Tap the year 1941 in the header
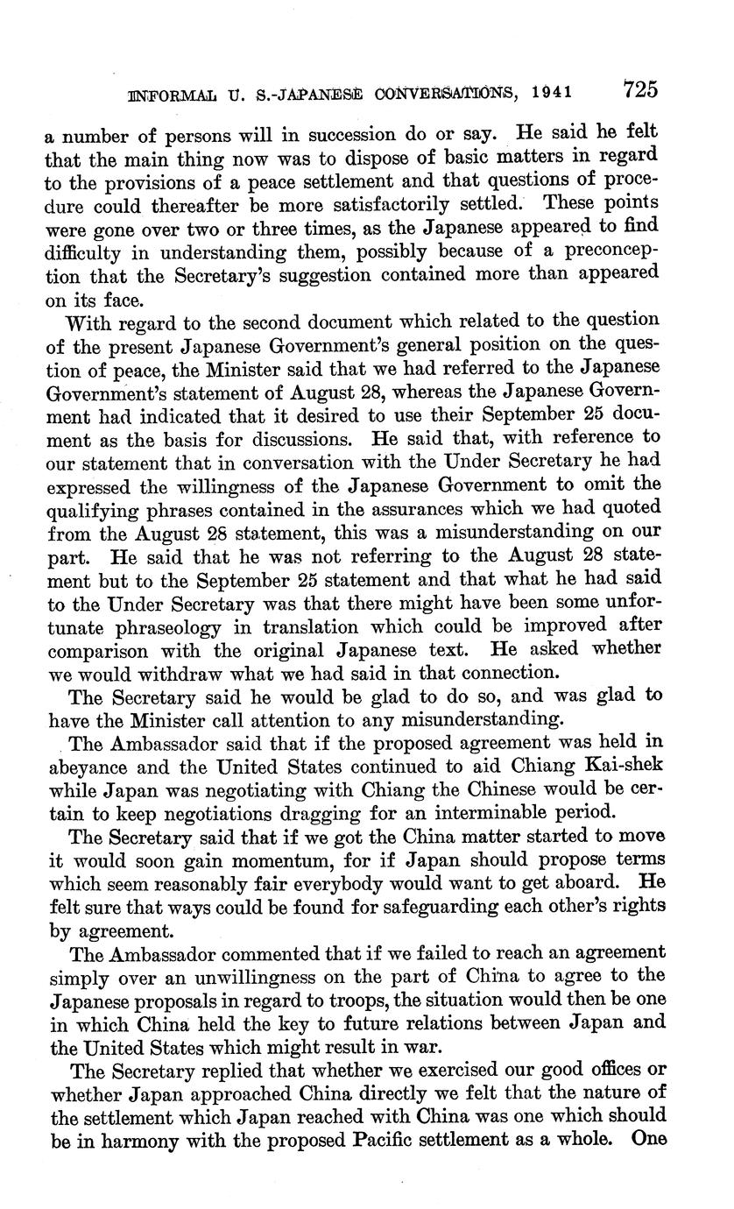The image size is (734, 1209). point(561,91)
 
